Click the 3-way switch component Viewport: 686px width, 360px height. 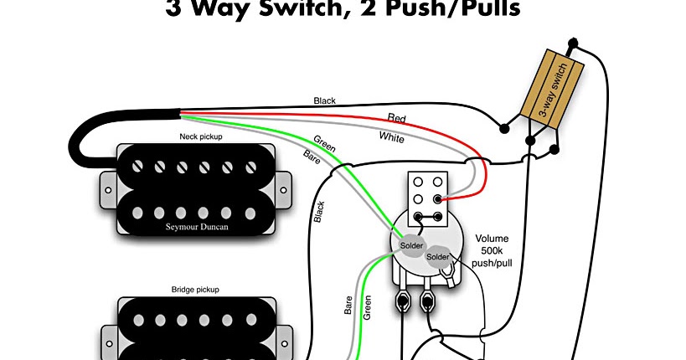click(552, 90)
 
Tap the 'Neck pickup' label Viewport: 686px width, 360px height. click(201, 137)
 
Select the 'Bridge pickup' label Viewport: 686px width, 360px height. click(195, 290)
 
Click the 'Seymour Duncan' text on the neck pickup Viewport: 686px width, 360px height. click(197, 227)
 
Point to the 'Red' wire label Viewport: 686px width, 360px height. click(397, 118)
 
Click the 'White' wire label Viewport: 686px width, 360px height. click(391, 137)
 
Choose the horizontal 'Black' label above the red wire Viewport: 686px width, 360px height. click(325, 101)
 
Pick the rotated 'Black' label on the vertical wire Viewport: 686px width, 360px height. click(319, 212)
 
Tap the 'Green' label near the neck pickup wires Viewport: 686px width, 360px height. click(325, 144)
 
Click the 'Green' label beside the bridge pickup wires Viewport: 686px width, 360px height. click(367, 307)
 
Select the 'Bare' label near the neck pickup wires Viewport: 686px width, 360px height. click(312, 157)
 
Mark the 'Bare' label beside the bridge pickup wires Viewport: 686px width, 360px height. click(348, 306)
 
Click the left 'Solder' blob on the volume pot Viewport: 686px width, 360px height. click(411, 245)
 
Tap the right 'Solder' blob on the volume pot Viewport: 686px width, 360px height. click(438, 257)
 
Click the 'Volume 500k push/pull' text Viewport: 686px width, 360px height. click(492, 251)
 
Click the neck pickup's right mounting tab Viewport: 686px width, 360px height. click(283, 190)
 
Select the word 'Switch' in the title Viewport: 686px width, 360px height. click(303, 8)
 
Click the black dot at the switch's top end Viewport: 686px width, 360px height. click(573, 43)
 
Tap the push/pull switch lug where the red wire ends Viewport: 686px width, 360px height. click(437, 199)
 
